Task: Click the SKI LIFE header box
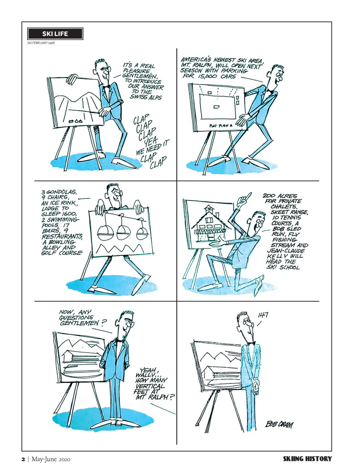point(55,33)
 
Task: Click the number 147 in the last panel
point(263,315)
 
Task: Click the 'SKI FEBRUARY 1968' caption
point(41,43)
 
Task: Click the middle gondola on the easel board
point(123,232)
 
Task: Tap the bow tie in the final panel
point(251,343)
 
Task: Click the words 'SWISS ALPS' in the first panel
point(145,97)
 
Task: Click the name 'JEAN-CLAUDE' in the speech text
point(286,251)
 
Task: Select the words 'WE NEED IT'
point(152,148)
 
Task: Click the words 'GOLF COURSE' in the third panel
point(62,253)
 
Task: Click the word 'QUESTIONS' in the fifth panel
point(76,317)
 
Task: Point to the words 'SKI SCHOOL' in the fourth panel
point(283,267)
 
